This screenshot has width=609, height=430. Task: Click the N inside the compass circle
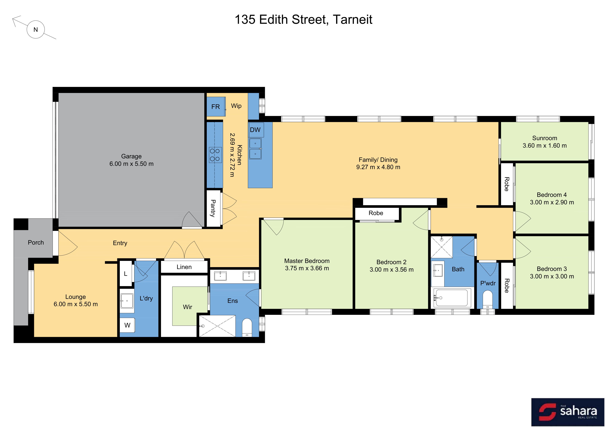point(36,30)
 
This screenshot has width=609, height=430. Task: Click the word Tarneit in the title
point(353,20)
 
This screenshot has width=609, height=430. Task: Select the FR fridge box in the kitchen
point(216,107)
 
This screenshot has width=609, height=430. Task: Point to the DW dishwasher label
point(255,130)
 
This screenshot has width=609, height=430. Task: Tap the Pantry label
point(213,208)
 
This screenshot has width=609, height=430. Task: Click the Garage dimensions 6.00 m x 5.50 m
point(132,164)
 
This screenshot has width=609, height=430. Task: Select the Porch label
point(36,242)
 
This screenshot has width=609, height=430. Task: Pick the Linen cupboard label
point(184,267)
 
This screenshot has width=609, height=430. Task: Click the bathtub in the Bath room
point(452,298)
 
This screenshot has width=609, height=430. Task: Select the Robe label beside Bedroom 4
point(507,184)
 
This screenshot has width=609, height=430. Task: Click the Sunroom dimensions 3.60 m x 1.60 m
point(545,146)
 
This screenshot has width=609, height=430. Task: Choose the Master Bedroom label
point(307,261)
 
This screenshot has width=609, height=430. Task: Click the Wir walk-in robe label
point(187,307)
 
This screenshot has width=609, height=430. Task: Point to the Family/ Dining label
point(378,160)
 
